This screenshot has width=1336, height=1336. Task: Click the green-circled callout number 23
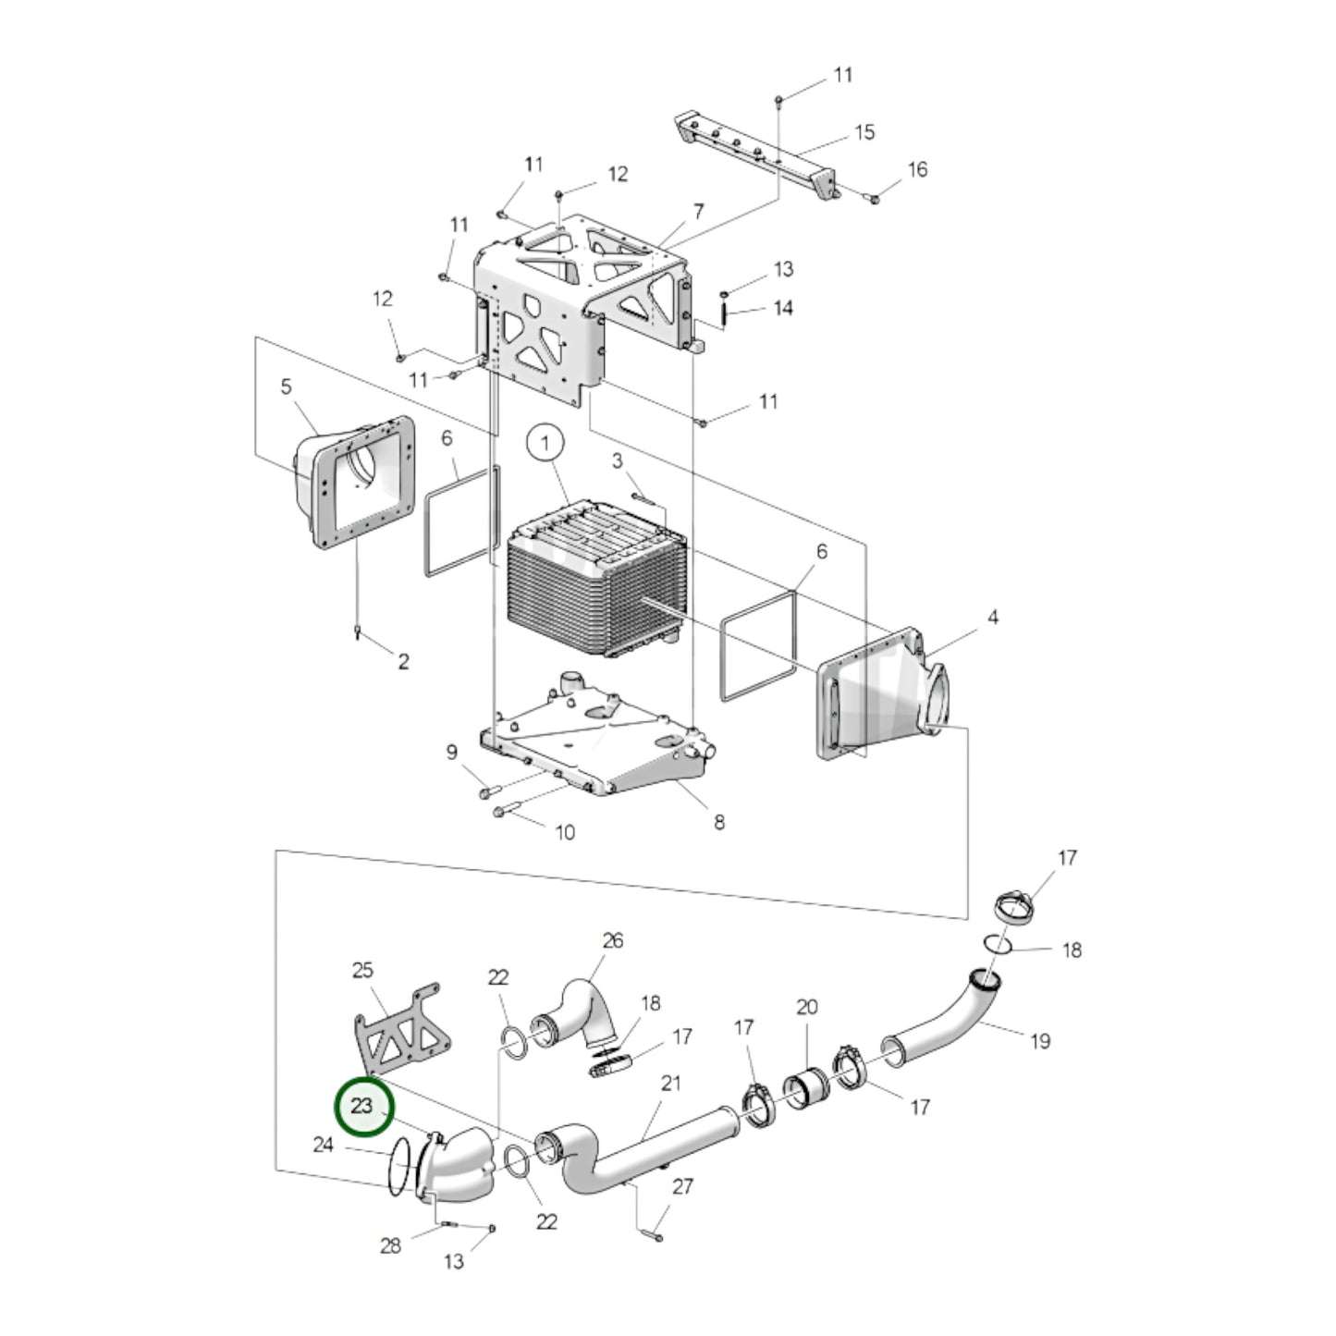tap(362, 1106)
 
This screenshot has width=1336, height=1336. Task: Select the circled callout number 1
tap(545, 443)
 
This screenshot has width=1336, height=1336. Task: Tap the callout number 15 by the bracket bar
tap(864, 132)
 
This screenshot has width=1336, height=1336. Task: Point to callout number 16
tap(916, 169)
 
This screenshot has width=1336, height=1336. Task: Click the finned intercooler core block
tap(592, 582)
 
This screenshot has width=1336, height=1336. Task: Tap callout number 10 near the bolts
tap(564, 832)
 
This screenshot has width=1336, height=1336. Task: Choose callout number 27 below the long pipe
tap(682, 1186)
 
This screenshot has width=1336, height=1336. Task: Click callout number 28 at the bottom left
tap(390, 1245)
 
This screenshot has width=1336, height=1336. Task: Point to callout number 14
tap(783, 308)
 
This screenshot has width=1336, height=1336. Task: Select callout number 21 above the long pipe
tap(670, 1082)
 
